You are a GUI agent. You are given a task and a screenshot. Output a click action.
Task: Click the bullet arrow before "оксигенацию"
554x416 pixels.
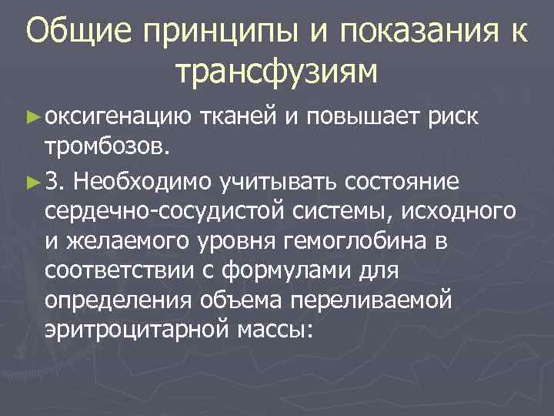[32, 116]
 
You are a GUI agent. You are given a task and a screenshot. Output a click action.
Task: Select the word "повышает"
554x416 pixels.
[356, 118]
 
